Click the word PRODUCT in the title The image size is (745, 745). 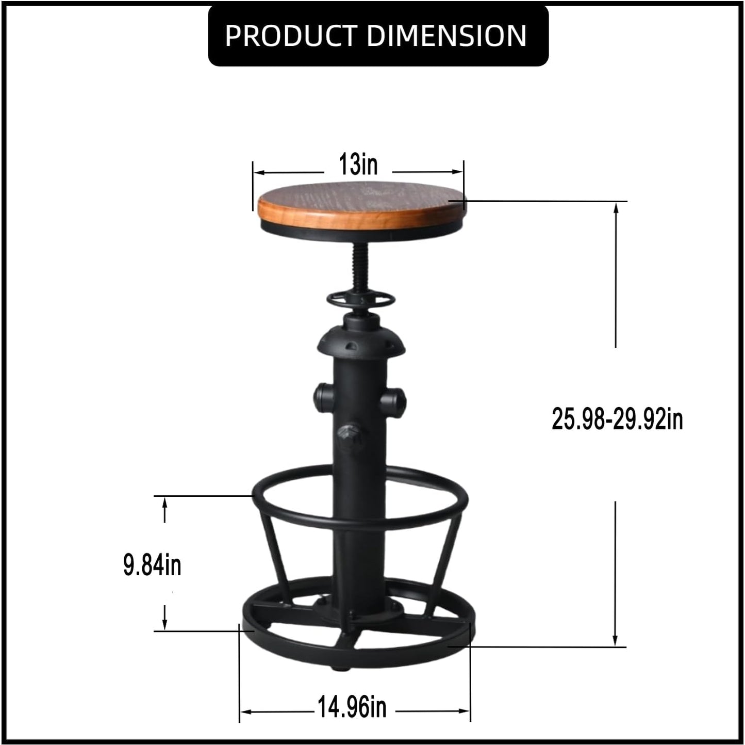(291, 36)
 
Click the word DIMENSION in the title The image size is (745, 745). (446, 36)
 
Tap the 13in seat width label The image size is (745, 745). (358, 165)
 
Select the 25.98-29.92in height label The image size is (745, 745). (617, 418)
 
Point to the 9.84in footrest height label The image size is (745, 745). (152, 565)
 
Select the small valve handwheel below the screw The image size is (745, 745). (360, 299)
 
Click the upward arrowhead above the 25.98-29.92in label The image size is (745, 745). (616, 207)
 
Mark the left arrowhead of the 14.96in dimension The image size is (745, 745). (245, 711)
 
